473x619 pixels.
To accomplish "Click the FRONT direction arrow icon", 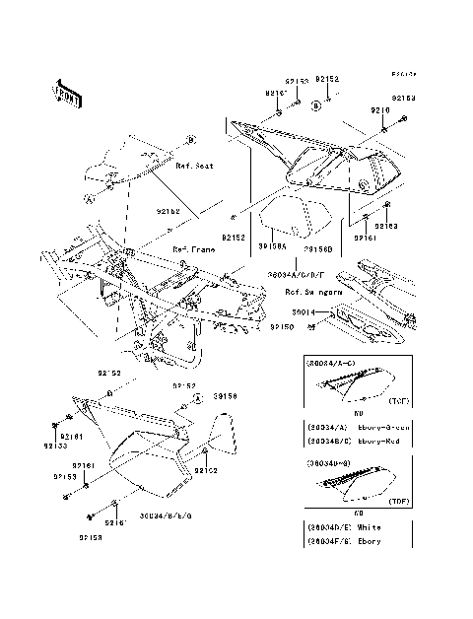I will (x=66, y=94).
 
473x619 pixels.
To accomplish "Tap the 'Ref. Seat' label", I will (x=195, y=167).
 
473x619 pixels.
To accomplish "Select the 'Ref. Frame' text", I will (x=194, y=249).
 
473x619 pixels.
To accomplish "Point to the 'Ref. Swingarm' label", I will (x=307, y=292).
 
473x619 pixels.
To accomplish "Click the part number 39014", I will (x=306, y=310).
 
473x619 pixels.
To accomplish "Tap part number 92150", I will (x=282, y=323).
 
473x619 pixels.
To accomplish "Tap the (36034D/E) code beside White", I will (x=327, y=527).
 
